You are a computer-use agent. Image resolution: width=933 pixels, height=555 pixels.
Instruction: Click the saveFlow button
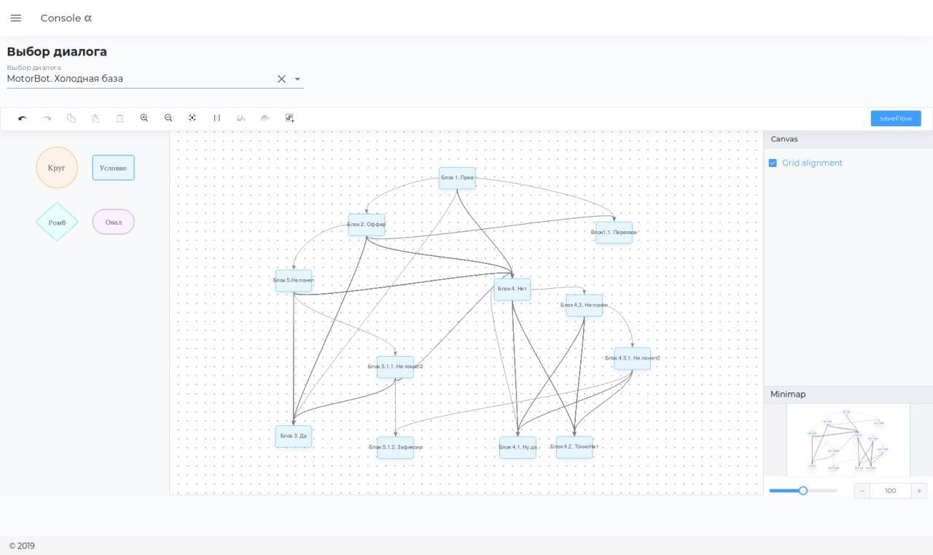pos(895,118)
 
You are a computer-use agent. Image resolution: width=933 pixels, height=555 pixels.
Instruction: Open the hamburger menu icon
pos(16,18)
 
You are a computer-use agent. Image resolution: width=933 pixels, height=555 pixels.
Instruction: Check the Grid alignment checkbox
pos(773,163)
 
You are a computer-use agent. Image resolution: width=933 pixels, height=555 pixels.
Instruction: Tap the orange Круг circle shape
pos(57,168)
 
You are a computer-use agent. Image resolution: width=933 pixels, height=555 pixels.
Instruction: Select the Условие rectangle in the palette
pos(113,168)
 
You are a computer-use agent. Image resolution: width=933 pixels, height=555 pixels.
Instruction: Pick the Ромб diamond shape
pos(57,222)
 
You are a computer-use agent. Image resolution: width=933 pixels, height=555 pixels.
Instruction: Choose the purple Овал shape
pos(113,222)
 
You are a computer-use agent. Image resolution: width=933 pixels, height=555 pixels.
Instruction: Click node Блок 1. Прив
pos(457,178)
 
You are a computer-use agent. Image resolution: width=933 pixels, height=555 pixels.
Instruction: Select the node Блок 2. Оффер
pos(366,225)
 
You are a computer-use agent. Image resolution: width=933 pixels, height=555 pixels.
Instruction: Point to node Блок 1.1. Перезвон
pos(614,233)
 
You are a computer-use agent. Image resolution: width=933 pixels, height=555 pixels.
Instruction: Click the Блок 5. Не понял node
pos(294,281)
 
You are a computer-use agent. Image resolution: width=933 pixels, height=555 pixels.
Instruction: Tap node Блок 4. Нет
pos(512,289)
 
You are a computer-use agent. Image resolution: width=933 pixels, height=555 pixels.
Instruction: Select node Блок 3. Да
pos(294,436)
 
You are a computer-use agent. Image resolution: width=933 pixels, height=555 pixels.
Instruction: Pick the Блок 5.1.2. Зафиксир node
pos(395,447)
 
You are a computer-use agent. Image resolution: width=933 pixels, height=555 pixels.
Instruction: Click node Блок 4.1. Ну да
pos(518,447)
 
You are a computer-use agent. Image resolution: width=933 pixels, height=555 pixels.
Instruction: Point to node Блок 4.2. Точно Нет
pos(574,447)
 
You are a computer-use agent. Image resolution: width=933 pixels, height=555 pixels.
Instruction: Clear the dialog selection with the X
pos(281,79)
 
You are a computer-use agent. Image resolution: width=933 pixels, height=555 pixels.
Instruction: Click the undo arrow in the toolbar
pos(23,118)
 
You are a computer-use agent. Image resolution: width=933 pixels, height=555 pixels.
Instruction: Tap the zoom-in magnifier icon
pos(144,118)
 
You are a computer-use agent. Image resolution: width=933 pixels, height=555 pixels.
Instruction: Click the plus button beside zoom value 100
pos(919,491)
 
